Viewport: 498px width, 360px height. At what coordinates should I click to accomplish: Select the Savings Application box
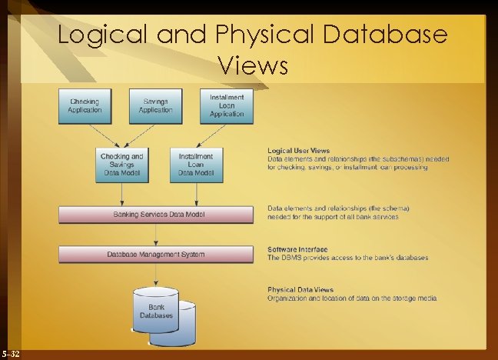click(156, 106)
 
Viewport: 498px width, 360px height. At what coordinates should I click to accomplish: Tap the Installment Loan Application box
click(227, 106)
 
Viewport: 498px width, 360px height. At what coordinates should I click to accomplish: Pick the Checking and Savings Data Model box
click(121, 165)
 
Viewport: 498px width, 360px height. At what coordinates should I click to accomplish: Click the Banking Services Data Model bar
click(156, 214)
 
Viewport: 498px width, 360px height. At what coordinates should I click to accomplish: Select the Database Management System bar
click(156, 253)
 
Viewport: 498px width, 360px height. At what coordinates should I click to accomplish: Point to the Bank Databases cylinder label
click(156, 311)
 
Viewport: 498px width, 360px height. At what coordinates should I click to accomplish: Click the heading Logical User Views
click(299, 150)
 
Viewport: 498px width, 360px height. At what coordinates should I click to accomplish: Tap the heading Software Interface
click(297, 249)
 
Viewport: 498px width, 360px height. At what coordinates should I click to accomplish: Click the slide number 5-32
click(12, 353)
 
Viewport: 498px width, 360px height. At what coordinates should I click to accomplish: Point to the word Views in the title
click(253, 65)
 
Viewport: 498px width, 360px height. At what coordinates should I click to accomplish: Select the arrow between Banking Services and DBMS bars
click(156, 234)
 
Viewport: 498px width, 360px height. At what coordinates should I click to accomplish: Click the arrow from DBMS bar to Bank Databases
click(156, 273)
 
